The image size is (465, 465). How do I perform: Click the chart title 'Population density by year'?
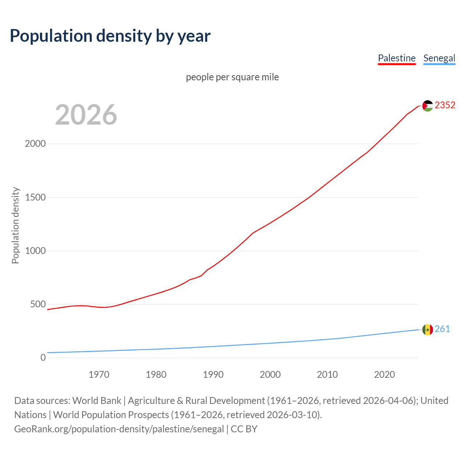pyautogui.click(x=110, y=36)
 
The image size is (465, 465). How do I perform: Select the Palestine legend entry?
pyautogui.click(x=396, y=58)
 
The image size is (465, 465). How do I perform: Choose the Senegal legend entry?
pyautogui.click(x=439, y=58)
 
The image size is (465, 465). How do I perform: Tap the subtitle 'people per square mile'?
pyautogui.click(x=232, y=77)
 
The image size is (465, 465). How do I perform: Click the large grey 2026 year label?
pyautogui.click(x=86, y=115)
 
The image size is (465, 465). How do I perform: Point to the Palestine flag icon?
pyautogui.click(x=428, y=106)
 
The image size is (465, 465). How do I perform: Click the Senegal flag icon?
pyautogui.click(x=428, y=329)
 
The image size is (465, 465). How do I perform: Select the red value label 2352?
pyautogui.click(x=445, y=105)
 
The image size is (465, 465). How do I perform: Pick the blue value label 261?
pyautogui.click(x=442, y=329)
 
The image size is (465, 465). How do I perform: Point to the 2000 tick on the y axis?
pyautogui.click(x=35, y=143)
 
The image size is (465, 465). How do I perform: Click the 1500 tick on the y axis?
pyautogui.click(x=35, y=197)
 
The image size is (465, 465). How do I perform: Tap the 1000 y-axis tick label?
pyautogui.click(x=35, y=251)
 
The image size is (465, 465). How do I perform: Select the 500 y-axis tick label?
pyautogui.click(x=38, y=304)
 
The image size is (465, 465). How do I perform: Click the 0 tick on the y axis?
pyautogui.click(x=43, y=357)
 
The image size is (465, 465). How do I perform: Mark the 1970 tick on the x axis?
pyautogui.click(x=99, y=375)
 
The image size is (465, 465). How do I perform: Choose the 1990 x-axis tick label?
pyautogui.click(x=213, y=375)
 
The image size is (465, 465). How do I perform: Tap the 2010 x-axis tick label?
pyautogui.click(x=327, y=375)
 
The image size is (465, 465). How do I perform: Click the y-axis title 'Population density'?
pyautogui.click(x=15, y=225)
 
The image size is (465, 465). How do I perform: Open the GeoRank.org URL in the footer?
pyautogui.click(x=119, y=429)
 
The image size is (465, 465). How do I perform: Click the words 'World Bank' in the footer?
pyautogui.click(x=97, y=401)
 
